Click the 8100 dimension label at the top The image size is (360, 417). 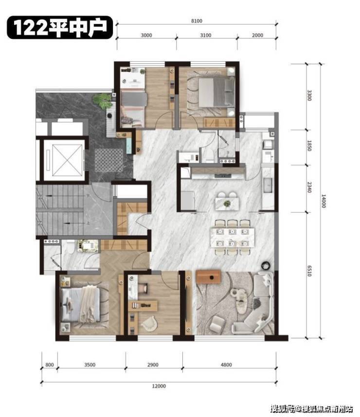point(197,21)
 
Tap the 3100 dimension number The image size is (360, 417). point(205,35)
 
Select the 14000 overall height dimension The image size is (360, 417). point(324,201)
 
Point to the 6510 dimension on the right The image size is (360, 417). point(309,271)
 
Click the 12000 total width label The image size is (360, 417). point(159,386)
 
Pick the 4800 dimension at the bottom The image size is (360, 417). point(226,364)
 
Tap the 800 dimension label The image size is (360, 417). point(50,364)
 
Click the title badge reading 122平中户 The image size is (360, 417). point(60,27)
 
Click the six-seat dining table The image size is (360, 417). point(232,237)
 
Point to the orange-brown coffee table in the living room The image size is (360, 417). point(208,277)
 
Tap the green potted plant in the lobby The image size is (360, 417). point(102,101)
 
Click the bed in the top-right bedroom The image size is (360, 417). point(216,92)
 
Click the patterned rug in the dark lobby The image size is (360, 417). point(109,161)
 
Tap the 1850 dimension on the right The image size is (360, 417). point(309,146)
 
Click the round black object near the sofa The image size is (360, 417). point(265,265)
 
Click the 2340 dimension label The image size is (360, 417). point(309,187)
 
